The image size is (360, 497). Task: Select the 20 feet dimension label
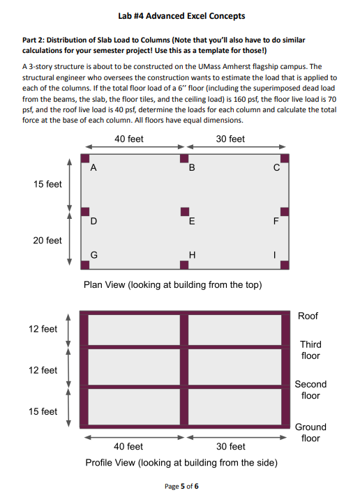point(47,240)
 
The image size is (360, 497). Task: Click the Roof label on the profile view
point(308,316)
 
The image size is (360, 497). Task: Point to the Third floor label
point(310,350)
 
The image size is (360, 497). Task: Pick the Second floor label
point(310,390)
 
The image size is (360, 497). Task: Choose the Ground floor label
point(310,432)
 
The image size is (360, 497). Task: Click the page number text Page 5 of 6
point(181,486)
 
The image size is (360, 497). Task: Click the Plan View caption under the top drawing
point(173,284)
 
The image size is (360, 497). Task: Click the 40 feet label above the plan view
point(129,139)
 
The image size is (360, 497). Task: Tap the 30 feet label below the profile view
point(231,446)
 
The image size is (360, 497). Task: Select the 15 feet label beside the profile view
point(43,411)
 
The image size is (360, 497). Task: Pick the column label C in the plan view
point(276,168)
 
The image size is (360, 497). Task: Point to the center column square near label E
point(185,211)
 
